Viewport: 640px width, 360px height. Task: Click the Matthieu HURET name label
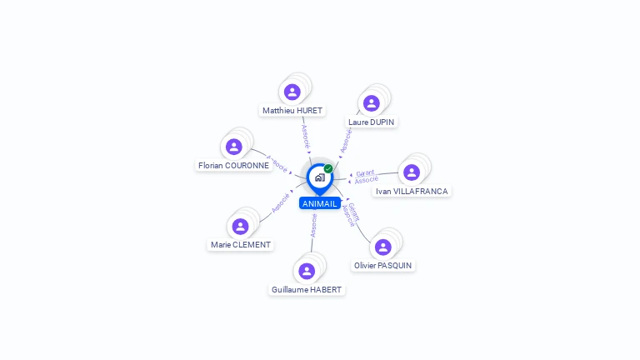tap(292, 110)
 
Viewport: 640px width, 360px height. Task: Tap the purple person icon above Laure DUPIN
tap(372, 103)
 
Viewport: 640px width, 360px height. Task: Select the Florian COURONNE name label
tap(233, 165)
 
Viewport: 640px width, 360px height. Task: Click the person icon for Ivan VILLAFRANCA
tap(411, 172)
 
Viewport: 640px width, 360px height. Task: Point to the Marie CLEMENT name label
tap(241, 245)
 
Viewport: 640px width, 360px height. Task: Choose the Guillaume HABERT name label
tap(307, 290)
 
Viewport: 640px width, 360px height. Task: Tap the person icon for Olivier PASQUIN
tap(383, 247)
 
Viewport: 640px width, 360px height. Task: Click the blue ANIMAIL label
tap(320, 203)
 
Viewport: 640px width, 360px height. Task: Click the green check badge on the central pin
tap(328, 169)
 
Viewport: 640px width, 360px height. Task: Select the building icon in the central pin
tap(319, 177)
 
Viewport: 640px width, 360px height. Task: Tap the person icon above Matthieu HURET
tap(292, 92)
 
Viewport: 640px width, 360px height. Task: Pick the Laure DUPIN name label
tap(372, 122)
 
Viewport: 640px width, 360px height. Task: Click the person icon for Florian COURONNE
tap(233, 147)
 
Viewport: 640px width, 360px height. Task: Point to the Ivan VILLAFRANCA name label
tap(412, 191)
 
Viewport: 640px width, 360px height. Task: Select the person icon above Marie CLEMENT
tap(241, 227)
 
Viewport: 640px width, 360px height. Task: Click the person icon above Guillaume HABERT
tap(307, 271)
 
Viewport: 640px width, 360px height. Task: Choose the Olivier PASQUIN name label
tap(383, 265)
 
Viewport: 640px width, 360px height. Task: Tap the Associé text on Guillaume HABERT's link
tap(313, 226)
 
